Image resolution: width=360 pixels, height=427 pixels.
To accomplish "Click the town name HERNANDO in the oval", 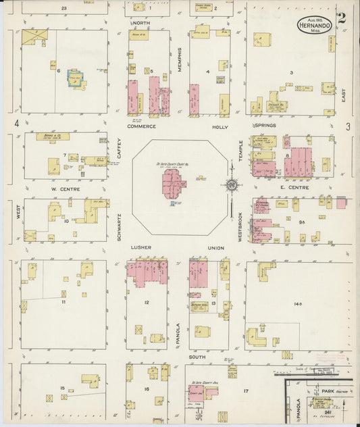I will click(312, 30).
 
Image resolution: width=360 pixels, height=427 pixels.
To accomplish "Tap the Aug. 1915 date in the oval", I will click(311, 22).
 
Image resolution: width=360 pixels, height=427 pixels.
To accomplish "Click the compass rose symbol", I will click(232, 184).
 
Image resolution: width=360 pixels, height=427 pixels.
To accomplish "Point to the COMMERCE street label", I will click(142, 126).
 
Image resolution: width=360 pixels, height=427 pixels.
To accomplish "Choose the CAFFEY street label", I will click(119, 149).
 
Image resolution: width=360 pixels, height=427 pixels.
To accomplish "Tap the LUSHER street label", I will click(143, 248).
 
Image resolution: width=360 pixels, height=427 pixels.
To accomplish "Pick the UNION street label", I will click(216, 248).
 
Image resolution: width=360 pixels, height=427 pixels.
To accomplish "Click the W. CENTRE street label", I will click(65, 189).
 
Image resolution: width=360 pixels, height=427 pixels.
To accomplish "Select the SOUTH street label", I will click(197, 357).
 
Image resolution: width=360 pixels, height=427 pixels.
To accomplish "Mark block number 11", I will click(63, 302).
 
